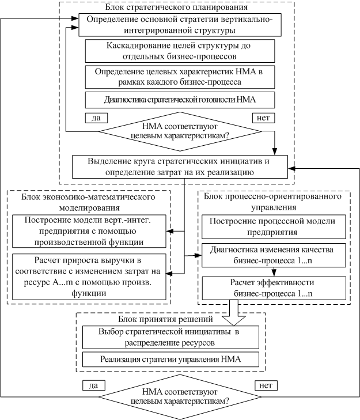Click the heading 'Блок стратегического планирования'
(x=176, y=7)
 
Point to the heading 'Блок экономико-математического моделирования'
(x=89, y=202)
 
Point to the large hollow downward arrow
(x=234, y=312)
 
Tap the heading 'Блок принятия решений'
(x=165, y=319)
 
